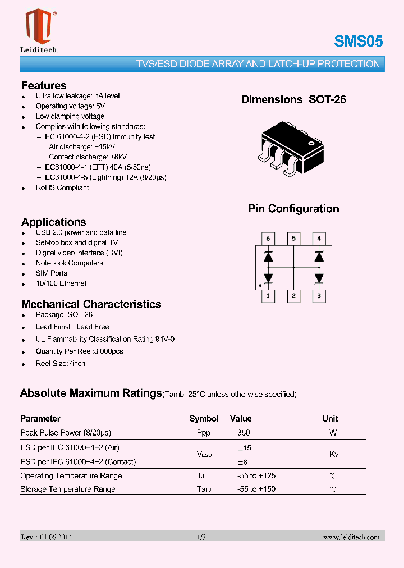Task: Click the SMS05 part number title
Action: pos(358,41)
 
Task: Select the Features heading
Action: pos(44,85)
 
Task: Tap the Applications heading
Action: pos(54,222)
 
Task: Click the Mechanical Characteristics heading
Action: pos(91,304)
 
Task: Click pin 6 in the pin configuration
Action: pos(268,239)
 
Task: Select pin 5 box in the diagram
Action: pos(293,239)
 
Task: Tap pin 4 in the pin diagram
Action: pos(319,239)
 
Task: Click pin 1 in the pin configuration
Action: pos(268,296)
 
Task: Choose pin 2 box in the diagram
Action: pos(293,296)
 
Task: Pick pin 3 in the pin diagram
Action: pos(319,296)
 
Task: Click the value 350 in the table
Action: pos(244,433)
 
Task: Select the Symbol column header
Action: pos(204,419)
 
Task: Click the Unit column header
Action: pos(330,419)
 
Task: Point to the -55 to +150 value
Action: pos(256,489)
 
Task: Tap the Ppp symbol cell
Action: pos(204,433)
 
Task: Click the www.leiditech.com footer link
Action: pos(351,537)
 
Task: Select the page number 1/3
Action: pos(201,537)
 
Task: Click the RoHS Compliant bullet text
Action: pos(62,188)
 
